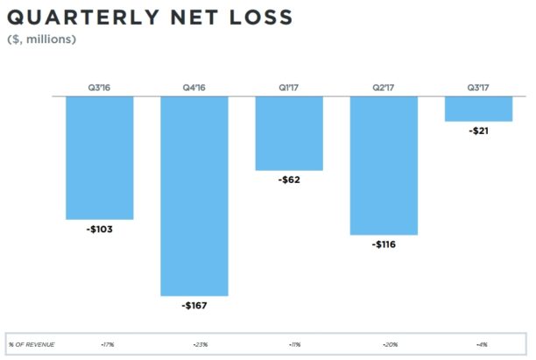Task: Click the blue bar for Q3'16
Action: coord(100,158)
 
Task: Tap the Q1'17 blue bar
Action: coord(289,133)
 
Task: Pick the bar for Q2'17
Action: coord(384,166)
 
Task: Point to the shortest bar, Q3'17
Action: coord(478,109)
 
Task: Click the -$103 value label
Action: coord(100,229)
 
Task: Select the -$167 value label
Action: coord(194,306)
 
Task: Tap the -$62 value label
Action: coord(289,180)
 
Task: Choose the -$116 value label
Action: coord(384,244)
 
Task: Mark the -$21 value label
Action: coord(478,131)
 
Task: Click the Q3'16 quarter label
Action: coord(100,87)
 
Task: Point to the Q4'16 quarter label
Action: coord(194,87)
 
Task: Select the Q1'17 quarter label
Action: coord(289,87)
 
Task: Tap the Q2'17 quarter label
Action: coord(384,87)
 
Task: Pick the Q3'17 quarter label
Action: coord(478,87)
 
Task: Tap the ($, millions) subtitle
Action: coord(41,39)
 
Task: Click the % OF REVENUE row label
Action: coord(32,344)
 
